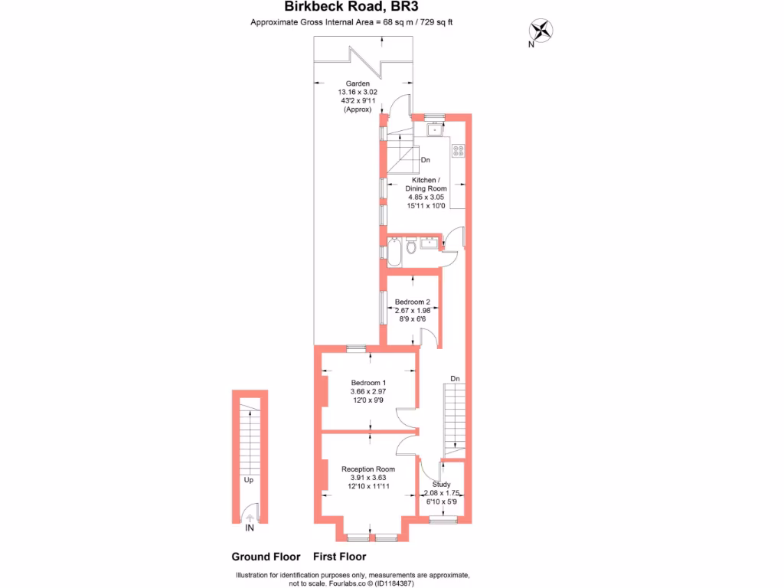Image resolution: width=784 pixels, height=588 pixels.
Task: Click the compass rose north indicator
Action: pyautogui.click(x=542, y=31)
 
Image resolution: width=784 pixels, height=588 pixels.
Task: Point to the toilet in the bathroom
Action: pyautogui.click(x=411, y=246)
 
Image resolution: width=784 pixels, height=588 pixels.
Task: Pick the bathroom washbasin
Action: pyautogui.click(x=428, y=243)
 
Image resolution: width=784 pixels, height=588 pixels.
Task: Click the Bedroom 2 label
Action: pyautogui.click(x=413, y=302)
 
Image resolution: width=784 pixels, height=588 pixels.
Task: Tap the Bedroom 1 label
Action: pyautogui.click(x=368, y=383)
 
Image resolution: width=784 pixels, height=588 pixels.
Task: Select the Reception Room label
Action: pyautogui.click(x=368, y=469)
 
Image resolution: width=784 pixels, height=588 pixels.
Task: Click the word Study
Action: pyautogui.click(x=441, y=484)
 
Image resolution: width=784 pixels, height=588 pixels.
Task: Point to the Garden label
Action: pyautogui.click(x=358, y=83)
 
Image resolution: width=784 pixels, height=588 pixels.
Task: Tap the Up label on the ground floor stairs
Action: pyautogui.click(x=249, y=481)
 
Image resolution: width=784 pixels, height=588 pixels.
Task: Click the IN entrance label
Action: pyautogui.click(x=250, y=528)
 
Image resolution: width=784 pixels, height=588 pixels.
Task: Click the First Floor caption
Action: pyautogui.click(x=340, y=557)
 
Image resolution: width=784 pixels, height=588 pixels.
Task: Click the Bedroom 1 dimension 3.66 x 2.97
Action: pyautogui.click(x=368, y=391)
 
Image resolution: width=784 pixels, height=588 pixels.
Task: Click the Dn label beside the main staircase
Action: pyautogui.click(x=455, y=378)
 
